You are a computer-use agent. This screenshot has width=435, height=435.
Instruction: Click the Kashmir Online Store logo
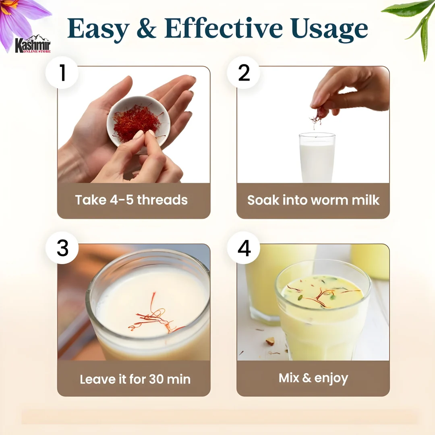33,45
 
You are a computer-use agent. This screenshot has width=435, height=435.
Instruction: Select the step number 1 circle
62,73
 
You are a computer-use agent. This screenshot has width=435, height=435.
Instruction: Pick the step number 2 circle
244,73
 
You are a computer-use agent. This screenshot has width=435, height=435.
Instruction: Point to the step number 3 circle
62,248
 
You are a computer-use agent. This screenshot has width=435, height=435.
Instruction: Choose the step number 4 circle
244,248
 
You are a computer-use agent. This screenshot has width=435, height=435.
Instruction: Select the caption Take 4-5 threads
131,200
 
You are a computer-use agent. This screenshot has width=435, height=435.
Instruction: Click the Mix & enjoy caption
313,378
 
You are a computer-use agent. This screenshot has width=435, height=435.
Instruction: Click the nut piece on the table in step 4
270,341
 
